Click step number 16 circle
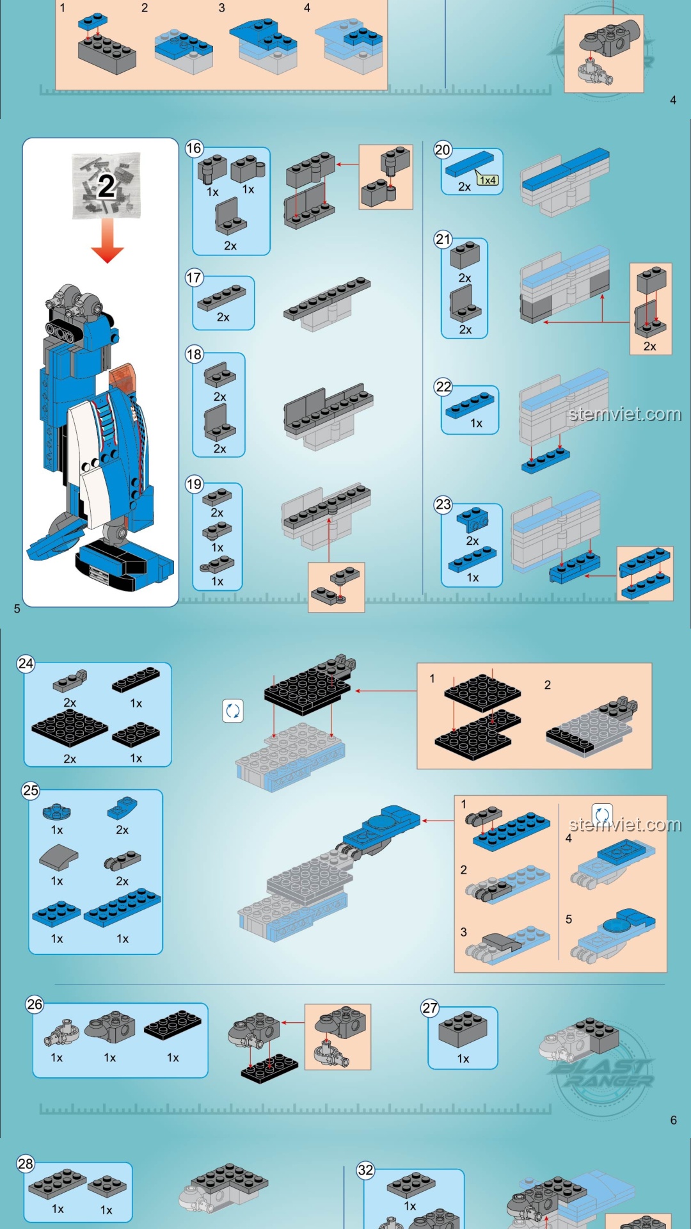pyautogui.click(x=194, y=149)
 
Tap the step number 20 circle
pyautogui.click(x=443, y=150)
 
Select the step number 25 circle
pyautogui.click(x=31, y=791)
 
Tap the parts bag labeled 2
pyautogui.click(x=106, y=185)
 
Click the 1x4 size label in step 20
pyautogui.click(x=488, y=180)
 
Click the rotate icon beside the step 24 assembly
pyautogui.click(x=233, y=711)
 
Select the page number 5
pyautogui.click(x=17, y=609)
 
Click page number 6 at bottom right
pyautogui.click(x=673, y=1120)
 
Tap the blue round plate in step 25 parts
pyautogui.click(x=56, y=812)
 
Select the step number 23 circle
pyautogui.click(x=443, y=504)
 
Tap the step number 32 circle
pyautogui.click(x=365, y=1170)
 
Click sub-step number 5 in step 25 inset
pyautogui.click(x=569, y=919)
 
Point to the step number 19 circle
pyautogui.click(x=195, y=484)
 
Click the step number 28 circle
pyautogui.click(x=26, y=1164)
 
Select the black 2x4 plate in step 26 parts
pyautogui.click(x=172, y=1025)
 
